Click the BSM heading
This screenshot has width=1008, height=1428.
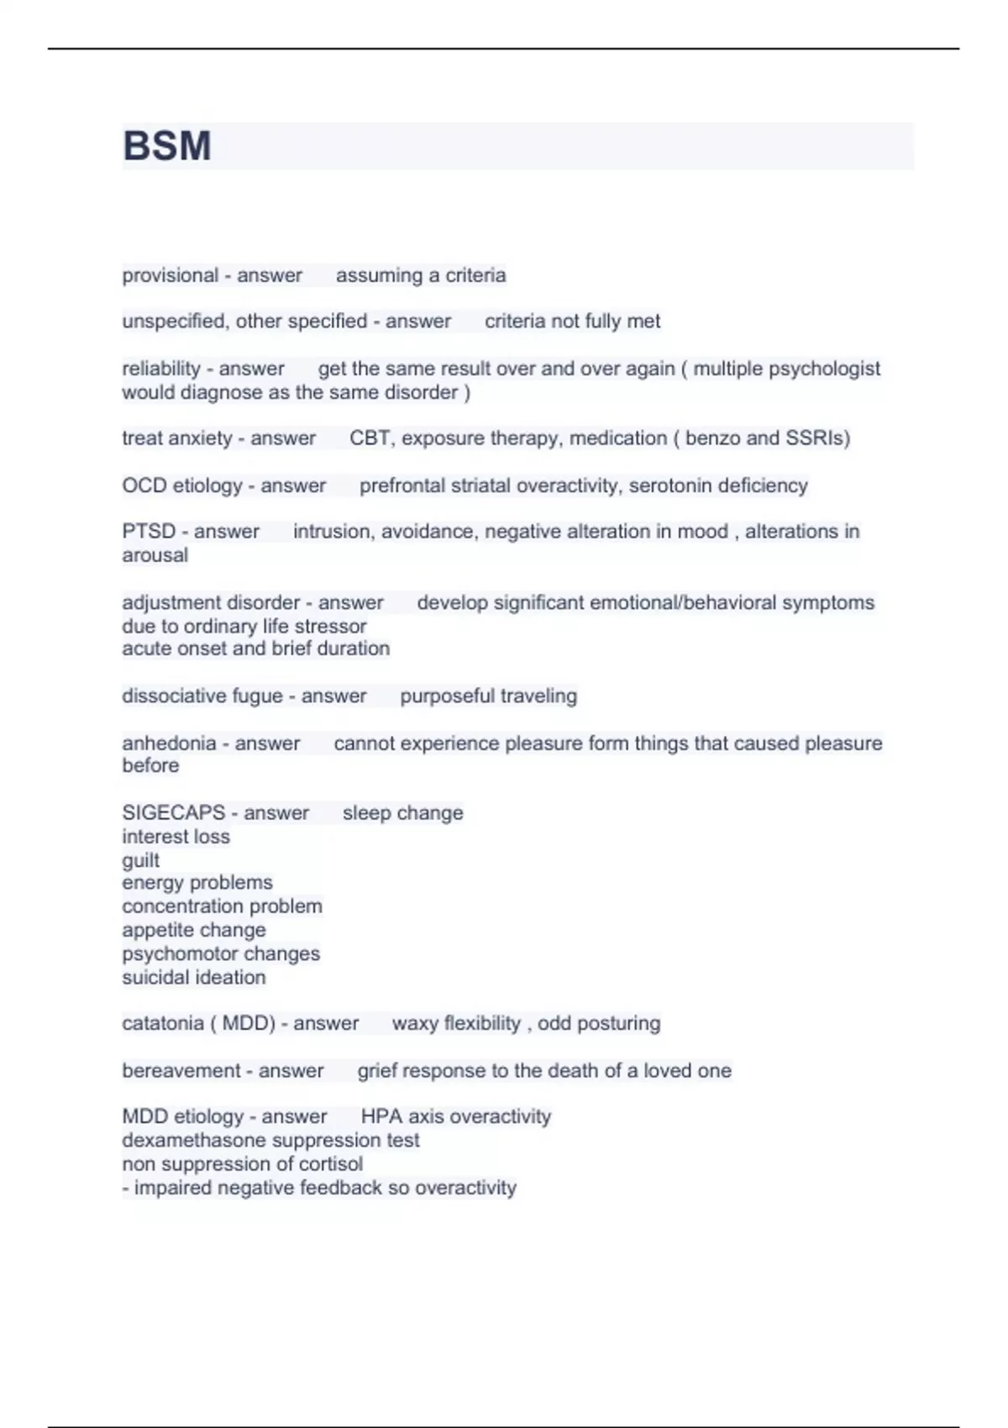point(166,146)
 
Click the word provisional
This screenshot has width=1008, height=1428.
point(170,276)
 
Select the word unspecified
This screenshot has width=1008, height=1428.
point(175,322)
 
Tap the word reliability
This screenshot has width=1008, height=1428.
point(160,369)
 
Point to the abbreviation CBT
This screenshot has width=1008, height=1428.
point(369,438)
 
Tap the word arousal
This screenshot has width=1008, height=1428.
point(155,555)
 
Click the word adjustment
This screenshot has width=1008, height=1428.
point(164,603)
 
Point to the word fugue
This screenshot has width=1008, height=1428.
point(259,696)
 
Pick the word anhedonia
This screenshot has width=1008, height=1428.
point(169,743)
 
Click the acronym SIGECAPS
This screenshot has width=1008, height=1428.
point(173,813)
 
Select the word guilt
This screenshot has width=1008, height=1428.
point(140,860)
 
